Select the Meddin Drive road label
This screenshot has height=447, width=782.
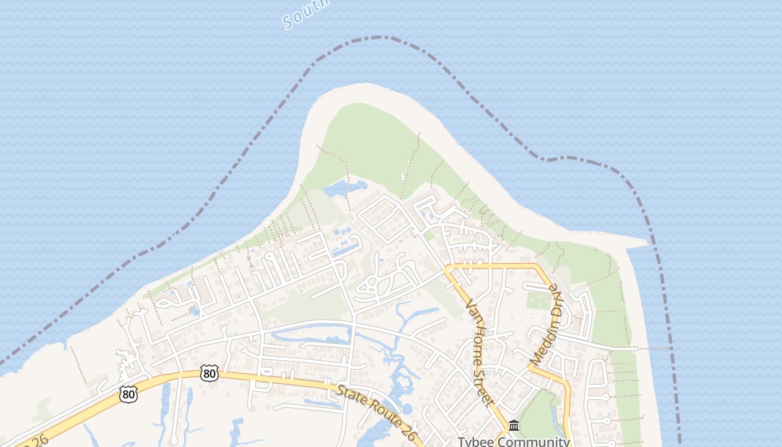547,325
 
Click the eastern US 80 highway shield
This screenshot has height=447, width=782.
209,374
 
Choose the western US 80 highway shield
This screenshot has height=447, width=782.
128,394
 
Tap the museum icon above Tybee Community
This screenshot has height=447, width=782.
514,426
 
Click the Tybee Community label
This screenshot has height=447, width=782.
513,441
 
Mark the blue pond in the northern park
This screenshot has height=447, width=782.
344,188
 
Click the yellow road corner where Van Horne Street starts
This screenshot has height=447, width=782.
448,269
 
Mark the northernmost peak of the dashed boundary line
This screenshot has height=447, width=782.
381,37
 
